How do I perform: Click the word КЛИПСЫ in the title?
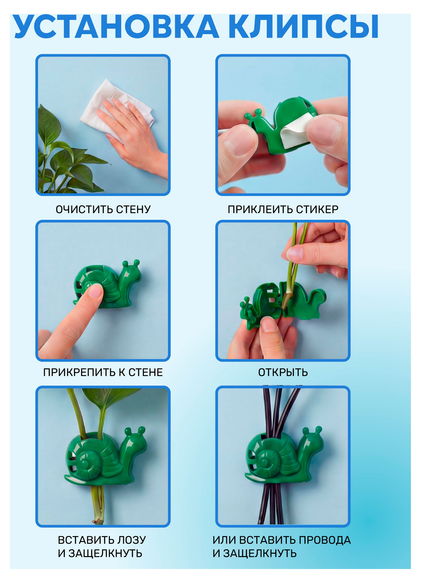304,27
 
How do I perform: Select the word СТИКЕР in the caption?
317,209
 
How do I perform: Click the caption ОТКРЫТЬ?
283,372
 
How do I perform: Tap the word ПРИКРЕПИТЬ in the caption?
79,372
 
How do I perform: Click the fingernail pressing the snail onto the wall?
96,292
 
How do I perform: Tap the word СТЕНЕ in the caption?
146,372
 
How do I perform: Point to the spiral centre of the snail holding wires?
265,462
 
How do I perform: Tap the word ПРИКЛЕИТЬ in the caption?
260,209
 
